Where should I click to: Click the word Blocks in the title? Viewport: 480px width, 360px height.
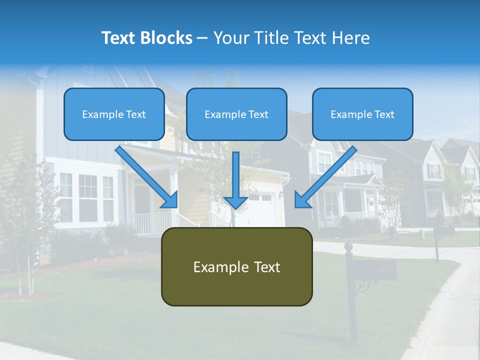(x=167, y=38)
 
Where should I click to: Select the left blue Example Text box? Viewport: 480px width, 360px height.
(x=114, y=114)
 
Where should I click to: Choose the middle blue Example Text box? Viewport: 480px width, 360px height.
(x=236, y=114)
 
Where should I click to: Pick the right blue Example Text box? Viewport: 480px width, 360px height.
(x=362, y=114)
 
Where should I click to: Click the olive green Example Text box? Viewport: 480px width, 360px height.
(x=236, y=266)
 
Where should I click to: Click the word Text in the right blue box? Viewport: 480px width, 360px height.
(x=384, y=114)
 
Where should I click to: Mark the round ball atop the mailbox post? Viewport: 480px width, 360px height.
(x=349, y=246)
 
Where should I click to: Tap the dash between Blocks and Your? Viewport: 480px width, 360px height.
(x=202, y=38)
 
